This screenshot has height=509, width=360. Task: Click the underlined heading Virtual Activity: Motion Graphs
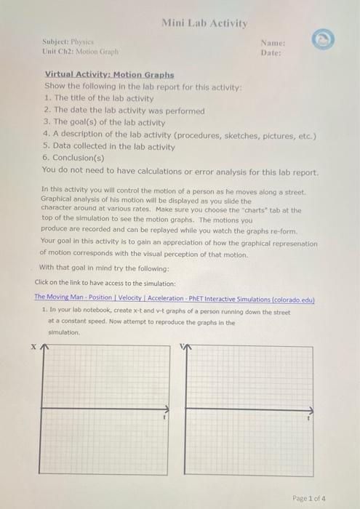[109, 74]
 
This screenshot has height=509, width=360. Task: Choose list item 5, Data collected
[108, 146]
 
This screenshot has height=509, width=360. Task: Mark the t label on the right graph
[309, 420]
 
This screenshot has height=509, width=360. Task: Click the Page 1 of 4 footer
[310, 498]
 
